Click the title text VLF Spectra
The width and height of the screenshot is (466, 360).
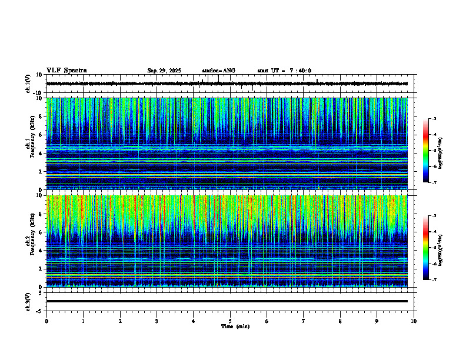click(66, 71)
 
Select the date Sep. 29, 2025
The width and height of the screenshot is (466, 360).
click(164, 71)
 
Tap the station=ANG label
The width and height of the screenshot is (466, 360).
click(218, 71)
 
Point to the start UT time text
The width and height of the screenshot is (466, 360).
click(284, 71)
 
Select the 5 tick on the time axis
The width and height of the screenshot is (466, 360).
click(230, 321)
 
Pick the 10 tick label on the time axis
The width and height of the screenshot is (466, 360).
click(414, 321)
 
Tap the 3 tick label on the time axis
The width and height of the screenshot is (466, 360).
click(157, 321)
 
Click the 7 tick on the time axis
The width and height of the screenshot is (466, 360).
click(304, 321)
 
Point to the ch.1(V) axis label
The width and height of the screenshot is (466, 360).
click(28, 84)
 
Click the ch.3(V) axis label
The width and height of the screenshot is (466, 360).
click(28, 301)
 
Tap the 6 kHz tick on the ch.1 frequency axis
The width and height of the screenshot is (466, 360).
click(40, 135)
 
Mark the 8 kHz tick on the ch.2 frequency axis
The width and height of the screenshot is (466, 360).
click(40, 214)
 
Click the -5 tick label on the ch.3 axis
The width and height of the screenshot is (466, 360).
click(40, 311)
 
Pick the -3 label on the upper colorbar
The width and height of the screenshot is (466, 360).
click(434, 119)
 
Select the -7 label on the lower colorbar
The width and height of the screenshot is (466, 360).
click(434, 279)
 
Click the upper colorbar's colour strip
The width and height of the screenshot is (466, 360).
click(427, 150)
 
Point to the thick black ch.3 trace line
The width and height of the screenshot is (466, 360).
click(227, 301)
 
